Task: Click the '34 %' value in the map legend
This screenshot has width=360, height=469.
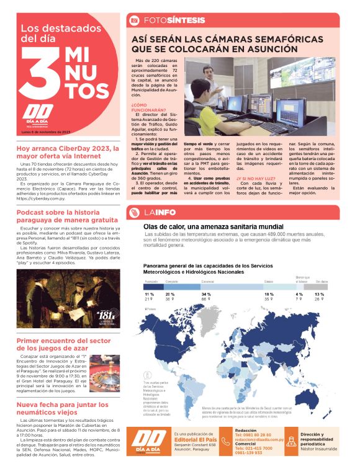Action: [x=205, y=294]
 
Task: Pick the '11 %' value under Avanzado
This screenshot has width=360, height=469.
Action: [x=149, y=294]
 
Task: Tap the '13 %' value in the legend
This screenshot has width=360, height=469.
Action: [x=319, y=294]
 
